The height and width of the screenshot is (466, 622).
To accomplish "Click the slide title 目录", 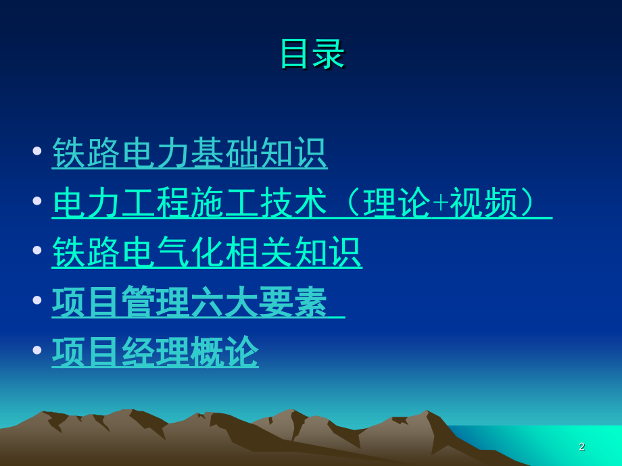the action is click(312, 54).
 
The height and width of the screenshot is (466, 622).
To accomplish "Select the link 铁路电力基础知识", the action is click(189, 153).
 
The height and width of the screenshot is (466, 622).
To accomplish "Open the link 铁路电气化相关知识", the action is click(207, 253).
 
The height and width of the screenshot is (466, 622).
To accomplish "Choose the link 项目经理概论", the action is click(155, 352).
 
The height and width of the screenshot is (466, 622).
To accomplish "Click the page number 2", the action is click(581, 446).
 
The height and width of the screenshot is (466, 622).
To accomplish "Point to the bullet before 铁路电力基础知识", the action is click(37, 151).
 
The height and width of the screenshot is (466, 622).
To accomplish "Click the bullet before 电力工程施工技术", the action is click(37, 201).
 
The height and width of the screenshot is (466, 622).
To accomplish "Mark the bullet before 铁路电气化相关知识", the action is click(37, 250).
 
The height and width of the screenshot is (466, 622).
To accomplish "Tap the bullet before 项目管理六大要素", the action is click(37, 300).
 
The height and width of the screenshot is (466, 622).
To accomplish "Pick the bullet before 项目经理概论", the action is click(37, 350).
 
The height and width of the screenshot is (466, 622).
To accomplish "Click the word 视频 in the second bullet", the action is click(483, 203).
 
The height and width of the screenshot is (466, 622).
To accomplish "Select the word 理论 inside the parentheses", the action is click(397, 203).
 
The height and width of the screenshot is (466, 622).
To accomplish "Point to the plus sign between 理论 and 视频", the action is click(440, 203).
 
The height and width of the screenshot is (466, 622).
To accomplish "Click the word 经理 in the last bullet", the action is click(155, 352).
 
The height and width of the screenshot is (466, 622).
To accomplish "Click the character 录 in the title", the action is click(329, 54).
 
